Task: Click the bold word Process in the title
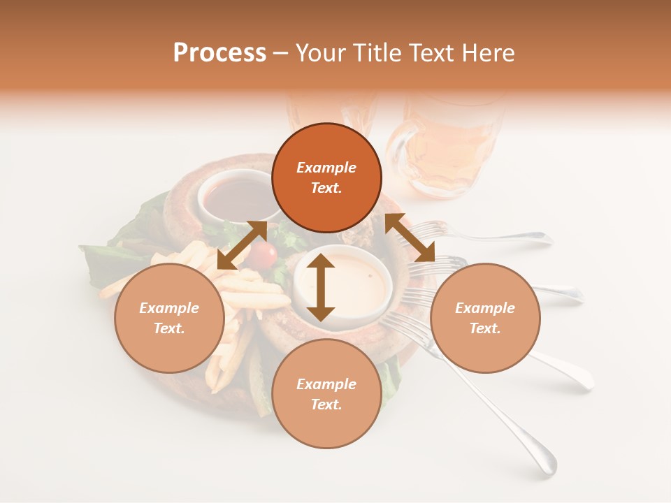pyautogui.click(x=219, y=53)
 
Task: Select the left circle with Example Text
pyautogui.click(x=169, y=319)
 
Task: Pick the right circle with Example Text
pyautogui.click(x=485, y=319)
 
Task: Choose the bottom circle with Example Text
pyautogui.click(x=326, y=395)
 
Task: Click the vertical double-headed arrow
pyautogui.click(x=321, y=287)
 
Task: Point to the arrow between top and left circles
pyautogui.click(x=242, y=245)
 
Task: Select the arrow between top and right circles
pyautogui.click(x=410, y=238)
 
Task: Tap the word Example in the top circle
pyautogui.click(x=326, y=168)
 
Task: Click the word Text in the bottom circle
pyautogui.click(x=326, y=404)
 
